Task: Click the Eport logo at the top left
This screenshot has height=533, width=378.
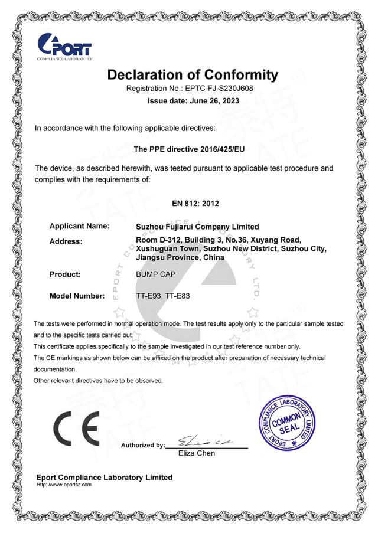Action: [x=64, y=47]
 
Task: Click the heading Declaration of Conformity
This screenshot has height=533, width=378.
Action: [x=192, y=75]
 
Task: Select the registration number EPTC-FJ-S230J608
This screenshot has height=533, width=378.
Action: [x=219, y=89]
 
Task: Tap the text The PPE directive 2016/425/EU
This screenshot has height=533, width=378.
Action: [x=189, y=150]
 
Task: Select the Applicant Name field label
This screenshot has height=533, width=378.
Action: [x=80, y=226]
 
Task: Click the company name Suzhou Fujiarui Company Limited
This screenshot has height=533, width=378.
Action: [x=197, y=227]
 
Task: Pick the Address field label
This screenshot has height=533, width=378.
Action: [x=66, y=241]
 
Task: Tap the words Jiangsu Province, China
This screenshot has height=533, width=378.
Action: [x=180, y=258]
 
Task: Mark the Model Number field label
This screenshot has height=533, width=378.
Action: [x=77, y=296]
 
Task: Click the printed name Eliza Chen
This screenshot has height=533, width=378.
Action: [x=197, y=453]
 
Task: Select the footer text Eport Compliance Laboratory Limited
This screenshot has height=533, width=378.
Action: [x=105, y=477]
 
